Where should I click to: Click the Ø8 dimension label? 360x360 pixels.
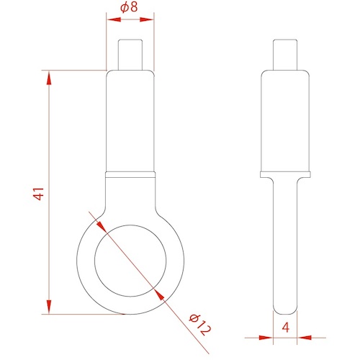click(x=129, y=7)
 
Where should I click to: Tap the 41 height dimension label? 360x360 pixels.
click(x=39, y=194)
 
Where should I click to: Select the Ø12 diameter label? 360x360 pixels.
click(x=200, y=325)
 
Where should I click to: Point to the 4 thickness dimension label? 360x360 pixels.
click(x=286, y=328)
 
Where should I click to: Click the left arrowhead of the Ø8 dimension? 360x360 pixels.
click(x=114, y=19)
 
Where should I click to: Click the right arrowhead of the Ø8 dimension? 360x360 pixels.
click(x=146, y=19)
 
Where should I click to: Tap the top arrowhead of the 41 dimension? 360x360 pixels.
click(x=49, y=78)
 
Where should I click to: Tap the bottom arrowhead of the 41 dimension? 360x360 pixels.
click(x=49, y=307)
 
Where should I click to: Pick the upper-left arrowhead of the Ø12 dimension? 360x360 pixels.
click(x=102, y=226)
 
